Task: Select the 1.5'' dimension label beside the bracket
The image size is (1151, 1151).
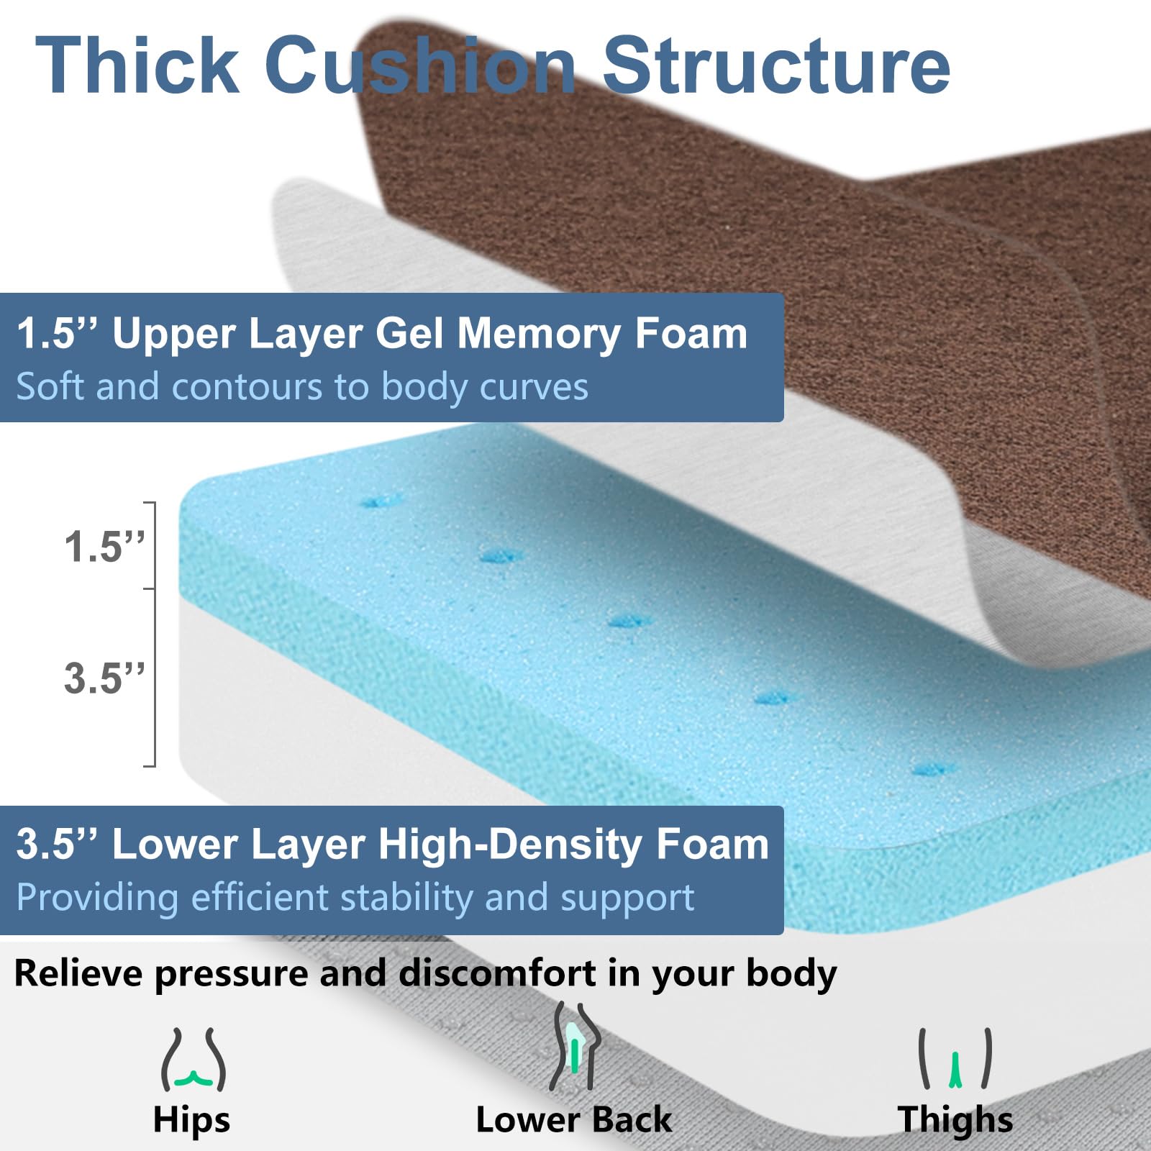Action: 104,547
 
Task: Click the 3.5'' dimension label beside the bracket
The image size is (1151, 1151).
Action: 104,678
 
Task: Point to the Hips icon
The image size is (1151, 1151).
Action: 193,1060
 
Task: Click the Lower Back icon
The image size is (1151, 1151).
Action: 574,1049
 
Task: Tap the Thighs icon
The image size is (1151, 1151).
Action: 955,1059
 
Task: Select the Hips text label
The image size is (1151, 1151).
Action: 191,1121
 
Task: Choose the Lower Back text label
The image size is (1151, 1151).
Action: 573,1120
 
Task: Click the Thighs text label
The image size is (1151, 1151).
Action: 955,1120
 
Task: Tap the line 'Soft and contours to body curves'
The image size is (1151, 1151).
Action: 302,387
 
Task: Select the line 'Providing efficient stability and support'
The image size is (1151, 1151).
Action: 355,898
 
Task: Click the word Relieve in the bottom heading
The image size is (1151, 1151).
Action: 78,973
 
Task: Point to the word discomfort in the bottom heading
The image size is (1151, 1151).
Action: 496,973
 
